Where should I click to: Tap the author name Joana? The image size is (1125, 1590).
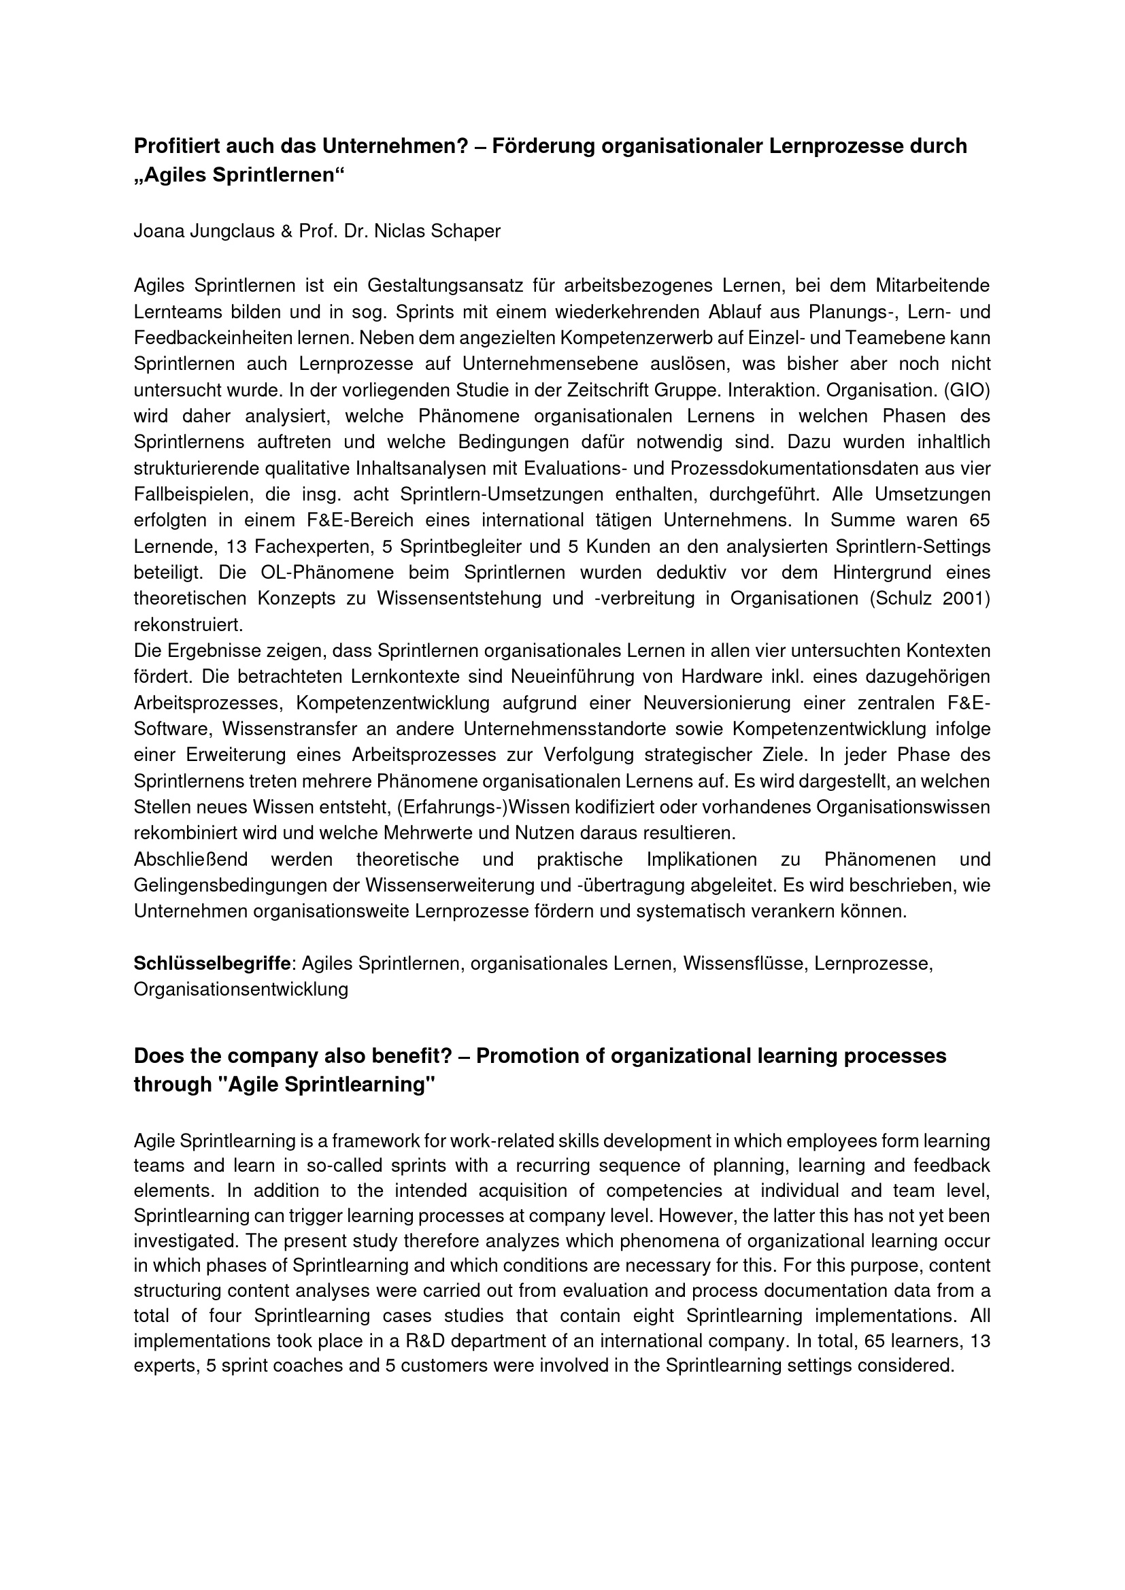[157, 231]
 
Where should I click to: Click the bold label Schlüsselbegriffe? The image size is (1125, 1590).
[212, 963]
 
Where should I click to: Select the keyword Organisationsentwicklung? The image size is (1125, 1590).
[241, 989]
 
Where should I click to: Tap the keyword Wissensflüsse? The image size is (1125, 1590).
[745, 963]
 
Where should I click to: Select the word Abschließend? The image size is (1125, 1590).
[190, 860]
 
